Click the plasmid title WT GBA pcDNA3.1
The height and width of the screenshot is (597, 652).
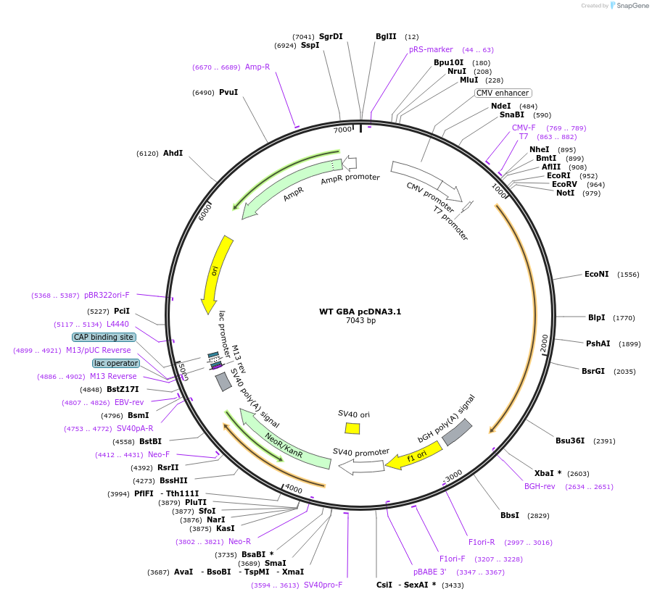pyautogui.click(x=360, y=312)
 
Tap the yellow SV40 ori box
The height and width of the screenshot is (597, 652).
pyautogui.click(x=352, y=428)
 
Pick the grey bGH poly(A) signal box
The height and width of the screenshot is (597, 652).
pyautogui.click(x=457, y=432)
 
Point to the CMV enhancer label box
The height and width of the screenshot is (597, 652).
pyautogui.click(x=503, y=93)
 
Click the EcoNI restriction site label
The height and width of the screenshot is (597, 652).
pyautogui.click(x=597, y=275)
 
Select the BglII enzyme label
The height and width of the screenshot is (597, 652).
pyautogui.click(x=386, y=36)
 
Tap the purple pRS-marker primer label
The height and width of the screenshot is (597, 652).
pyautogui.click(x=431, y=49)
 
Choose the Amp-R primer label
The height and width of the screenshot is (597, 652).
pyautogui.click(x=257, y=67)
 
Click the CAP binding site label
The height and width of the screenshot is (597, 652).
pyautogui.click(x=104, y=337)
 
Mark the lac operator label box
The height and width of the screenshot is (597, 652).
pyautogui.click(x=116, y=363)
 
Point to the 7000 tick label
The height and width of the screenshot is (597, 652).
pyautogui.click(x=342, y=130)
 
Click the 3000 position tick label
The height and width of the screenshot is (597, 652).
pyautogui.click(x=454, y=475)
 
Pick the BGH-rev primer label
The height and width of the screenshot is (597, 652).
pyautogui.click(x=540, y=486)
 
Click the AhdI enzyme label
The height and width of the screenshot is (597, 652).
pyautogui.click(x=173, y=153)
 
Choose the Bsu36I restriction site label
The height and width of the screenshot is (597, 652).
pyautogui.click(x=570, y=441)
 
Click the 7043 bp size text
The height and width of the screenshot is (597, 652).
pyautogui.click(x=360, y=320)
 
